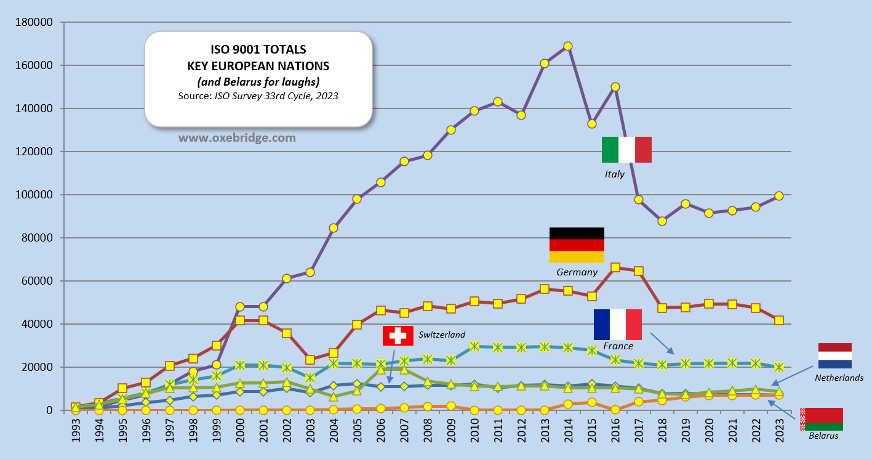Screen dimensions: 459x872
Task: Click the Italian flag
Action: (626, 150)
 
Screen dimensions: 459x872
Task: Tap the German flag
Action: (577, 245)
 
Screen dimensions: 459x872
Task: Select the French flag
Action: (618, 325)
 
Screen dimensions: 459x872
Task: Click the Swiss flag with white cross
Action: (398, 336)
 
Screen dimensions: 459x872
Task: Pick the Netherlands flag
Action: (835, 356)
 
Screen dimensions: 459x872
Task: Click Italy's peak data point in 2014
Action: (568, 46)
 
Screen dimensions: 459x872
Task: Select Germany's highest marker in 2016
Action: (615, 267)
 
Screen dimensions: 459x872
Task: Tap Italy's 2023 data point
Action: (779, 196)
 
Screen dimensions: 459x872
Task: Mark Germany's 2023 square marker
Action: (779, 320)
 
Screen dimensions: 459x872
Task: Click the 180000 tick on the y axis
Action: (36, 23)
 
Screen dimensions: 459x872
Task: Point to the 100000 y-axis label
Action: (36, 195)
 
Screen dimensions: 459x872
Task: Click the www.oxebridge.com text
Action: (238, 138)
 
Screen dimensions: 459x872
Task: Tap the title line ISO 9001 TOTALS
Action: (258, 50)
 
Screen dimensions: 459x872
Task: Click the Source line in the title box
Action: (258, 96)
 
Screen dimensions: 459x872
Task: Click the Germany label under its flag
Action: (577, 272)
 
